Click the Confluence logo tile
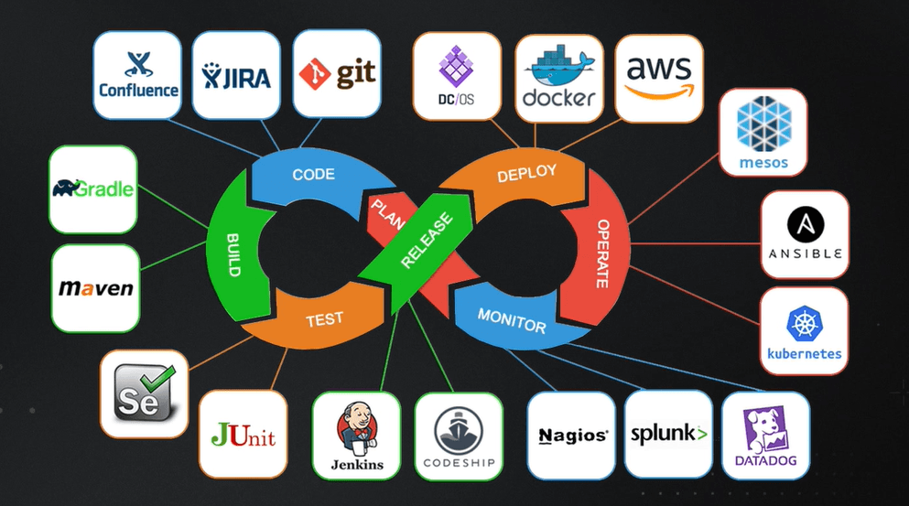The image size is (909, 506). pos(137,75)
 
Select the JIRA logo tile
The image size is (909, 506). pos(237,75)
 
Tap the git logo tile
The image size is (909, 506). pos(337,73)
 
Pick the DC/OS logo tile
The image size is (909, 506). pos(456,75)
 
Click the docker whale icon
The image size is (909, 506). pos(557,66)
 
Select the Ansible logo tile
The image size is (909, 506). pos(805,234)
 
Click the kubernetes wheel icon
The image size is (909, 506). pos(805,324)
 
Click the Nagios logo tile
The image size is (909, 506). pos(571,436)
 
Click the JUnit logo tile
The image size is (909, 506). pos(243,434)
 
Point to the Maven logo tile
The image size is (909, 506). pos(95,287)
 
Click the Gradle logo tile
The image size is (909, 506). pos(92,189)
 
